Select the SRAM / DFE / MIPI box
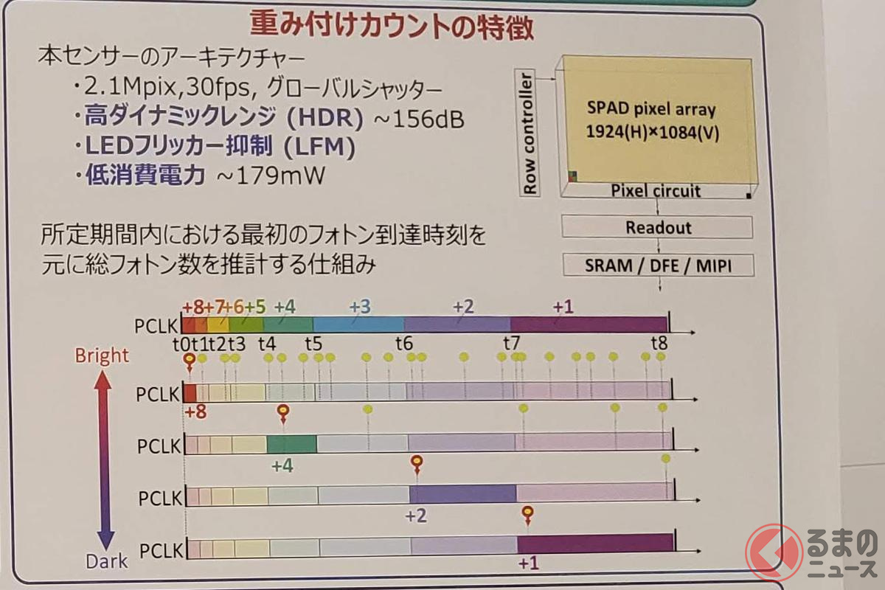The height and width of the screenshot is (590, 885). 658,265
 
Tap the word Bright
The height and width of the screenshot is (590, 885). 102,355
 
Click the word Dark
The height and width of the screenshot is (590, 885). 107,560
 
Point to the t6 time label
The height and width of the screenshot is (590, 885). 403,343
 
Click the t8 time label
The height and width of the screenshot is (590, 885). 659,343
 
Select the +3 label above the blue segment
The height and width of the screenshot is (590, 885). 360,307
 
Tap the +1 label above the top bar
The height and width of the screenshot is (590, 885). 563,307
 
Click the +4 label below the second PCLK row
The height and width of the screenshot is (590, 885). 283,466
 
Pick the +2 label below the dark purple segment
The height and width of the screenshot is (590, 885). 416,516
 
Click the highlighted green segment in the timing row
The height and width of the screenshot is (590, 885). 291,444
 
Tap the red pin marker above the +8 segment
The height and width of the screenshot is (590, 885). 190,361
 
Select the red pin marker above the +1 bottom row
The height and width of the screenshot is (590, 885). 527,513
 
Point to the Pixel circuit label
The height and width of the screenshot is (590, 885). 656,192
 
